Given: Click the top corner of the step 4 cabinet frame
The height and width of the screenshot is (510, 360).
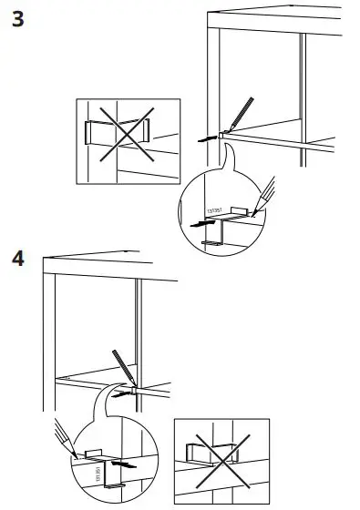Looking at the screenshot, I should (42, 256).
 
